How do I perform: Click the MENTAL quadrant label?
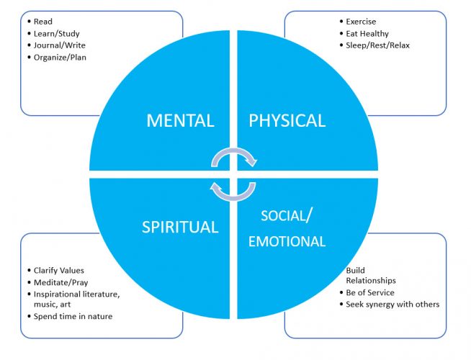pos(180,120)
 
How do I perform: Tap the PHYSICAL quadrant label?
pos(287,120)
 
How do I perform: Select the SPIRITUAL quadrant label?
pos(181,227)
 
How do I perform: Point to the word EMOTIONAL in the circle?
pos(287,242)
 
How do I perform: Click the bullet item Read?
pos(43,22)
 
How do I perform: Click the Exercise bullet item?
pos(360,22)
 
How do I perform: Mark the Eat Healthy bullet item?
pos(367,33)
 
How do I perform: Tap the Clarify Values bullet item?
pos(63,270)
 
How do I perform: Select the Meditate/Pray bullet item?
pos(63,282)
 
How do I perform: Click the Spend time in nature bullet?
pos(73,316)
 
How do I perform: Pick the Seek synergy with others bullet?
pos(392,304)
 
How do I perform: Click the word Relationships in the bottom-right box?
pos(371,281)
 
